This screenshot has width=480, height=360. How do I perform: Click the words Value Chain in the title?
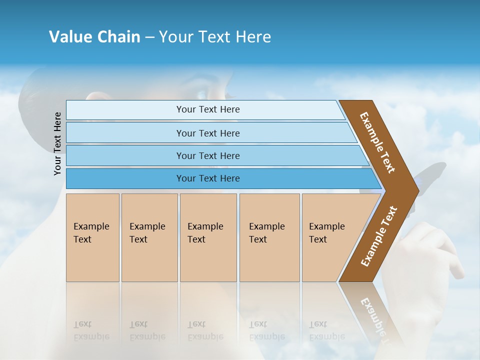click(94, 37)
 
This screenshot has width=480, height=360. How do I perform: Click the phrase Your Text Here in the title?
click(215, 37)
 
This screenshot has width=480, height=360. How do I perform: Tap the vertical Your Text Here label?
click(58, 144)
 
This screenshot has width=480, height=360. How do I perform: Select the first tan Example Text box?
click(92, 237)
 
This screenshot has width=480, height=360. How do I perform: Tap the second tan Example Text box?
click(149, 237)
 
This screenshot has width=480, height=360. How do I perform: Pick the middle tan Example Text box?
click(208, 237)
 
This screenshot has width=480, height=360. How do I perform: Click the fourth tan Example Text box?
click(269, 237)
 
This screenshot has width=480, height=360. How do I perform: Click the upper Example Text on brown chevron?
click(377, 142)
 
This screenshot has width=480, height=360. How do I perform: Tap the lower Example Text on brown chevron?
click(378, 236)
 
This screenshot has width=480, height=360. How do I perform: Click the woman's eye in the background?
click(202, 94)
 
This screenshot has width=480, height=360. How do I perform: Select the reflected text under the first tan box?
click(91, 330)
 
